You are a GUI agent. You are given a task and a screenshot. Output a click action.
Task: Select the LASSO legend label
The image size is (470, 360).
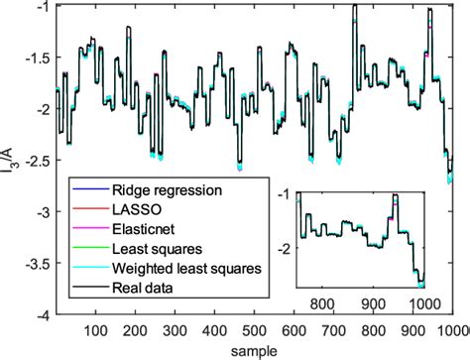point(138,207)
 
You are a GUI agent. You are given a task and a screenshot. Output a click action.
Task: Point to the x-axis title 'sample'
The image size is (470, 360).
point(256,351)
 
